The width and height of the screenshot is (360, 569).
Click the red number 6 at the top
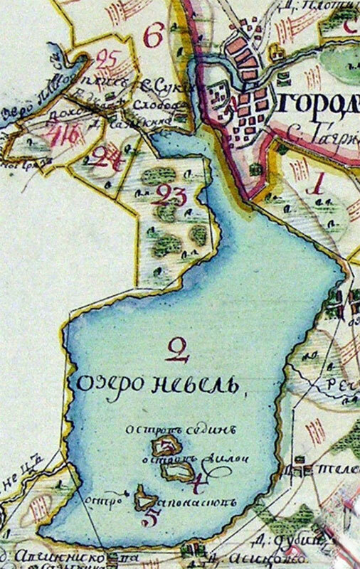click(152, 33)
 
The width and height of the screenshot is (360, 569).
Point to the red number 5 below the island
click(150, 516)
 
